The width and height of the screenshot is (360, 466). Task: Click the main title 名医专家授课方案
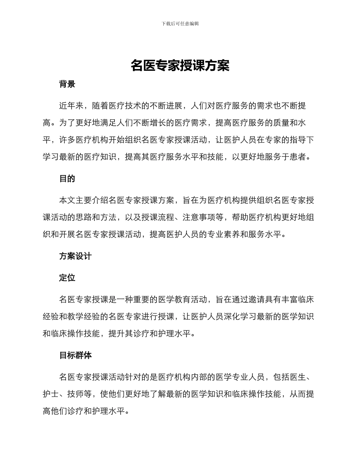(x=180, y=66)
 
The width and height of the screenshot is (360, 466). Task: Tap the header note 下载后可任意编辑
(x=180, y=23)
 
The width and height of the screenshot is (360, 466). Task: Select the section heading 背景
(x=67, y=84)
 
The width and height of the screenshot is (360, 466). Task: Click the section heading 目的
(x=67, y=179)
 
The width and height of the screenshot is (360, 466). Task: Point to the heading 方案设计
(x=75, y=256)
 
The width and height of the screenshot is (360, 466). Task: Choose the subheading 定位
(x=67, y=278)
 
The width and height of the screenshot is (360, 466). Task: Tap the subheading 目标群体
(x=75, y=355)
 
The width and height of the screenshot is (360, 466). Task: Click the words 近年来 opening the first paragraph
(x=71, y=106)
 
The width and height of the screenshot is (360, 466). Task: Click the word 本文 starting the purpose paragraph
(x=67, y=200)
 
